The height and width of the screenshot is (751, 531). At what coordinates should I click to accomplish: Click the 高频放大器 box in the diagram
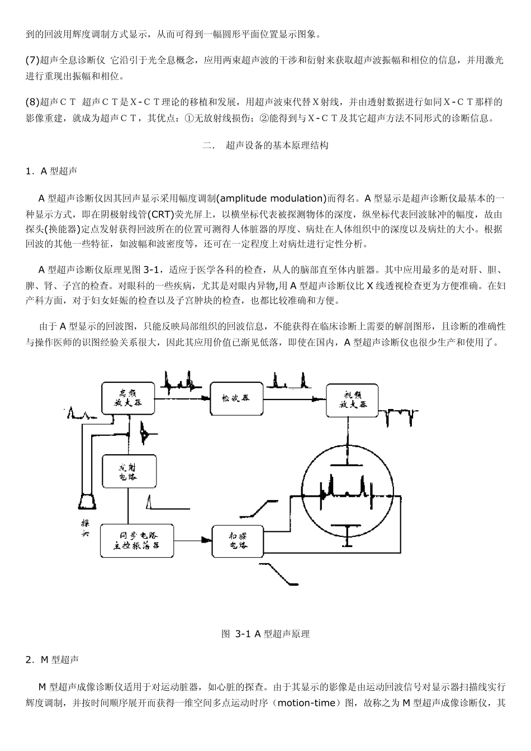128,398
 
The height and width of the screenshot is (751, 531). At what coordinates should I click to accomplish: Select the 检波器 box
236,399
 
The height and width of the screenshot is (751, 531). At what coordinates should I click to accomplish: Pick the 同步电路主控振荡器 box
136,540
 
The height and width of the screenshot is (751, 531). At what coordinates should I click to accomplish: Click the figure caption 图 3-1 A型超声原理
265,634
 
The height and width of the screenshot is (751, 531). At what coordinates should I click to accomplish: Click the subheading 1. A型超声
51,172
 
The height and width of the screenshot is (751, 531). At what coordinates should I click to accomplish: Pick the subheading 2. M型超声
52,660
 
